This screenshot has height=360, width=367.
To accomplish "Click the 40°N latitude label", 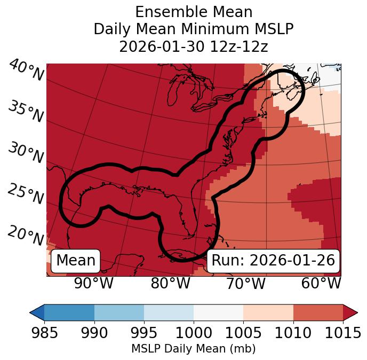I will pos(26,71).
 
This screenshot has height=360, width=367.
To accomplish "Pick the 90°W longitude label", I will pos(93,284).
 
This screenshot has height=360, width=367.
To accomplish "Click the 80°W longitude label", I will pos(170,284).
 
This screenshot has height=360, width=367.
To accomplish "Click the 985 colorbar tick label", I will pos(44,333).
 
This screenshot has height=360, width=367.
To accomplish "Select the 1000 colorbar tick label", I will pos(194,333).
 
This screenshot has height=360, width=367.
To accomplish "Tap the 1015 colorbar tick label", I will pos(343,333).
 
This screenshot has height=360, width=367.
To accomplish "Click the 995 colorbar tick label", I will pos(144,333).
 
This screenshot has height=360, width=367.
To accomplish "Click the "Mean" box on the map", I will pos(76,261).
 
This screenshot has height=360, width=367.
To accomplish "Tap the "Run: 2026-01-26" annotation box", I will pos(273,261).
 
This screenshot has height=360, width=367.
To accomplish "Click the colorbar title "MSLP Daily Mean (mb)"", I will pos(194,349).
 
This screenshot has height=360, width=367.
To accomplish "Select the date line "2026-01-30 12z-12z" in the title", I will pos(194,46).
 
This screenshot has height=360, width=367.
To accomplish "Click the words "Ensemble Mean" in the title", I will pos(194,12).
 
